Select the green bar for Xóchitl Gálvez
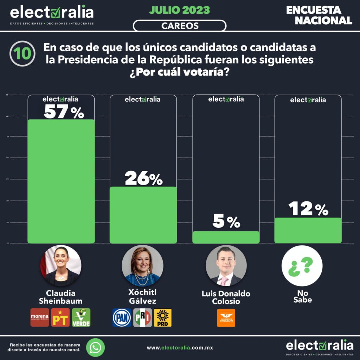click(143, 214)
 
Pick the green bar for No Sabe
click(308, 230)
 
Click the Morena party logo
click(40, 317)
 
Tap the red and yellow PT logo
click(60, 317)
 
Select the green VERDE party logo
click(81, 317)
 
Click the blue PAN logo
click(122, 317)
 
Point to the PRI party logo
click(142, 317)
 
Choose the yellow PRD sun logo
click(163, 317)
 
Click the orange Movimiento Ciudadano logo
click(226, 318)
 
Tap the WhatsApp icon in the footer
click(95, 347)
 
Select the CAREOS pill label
click(179, 26)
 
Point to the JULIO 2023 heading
click(179, 10)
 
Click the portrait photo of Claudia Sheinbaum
click(61, 265)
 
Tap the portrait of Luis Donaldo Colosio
click(226, 265)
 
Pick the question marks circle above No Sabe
click(302, 265)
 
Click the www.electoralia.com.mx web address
click(180, 348)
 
